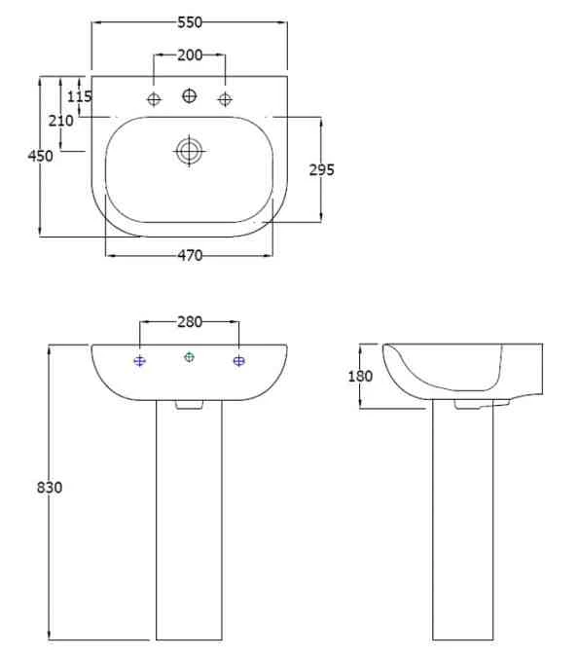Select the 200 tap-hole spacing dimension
pos(190,55)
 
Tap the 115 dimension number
pos(80,96)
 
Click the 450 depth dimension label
pos(40,156)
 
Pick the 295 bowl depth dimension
pos(321,169)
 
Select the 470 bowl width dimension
pos(190,256)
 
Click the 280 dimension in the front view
pos(190,322)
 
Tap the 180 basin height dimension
pos(360,377)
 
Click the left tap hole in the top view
pos(154,98)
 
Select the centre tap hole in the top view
pos(190,95)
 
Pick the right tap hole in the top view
pos(225,98)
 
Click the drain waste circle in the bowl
pos(189,151)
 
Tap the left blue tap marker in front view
pos(140,361)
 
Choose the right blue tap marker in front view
pos(239,361)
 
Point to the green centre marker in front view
pos(190,357)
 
